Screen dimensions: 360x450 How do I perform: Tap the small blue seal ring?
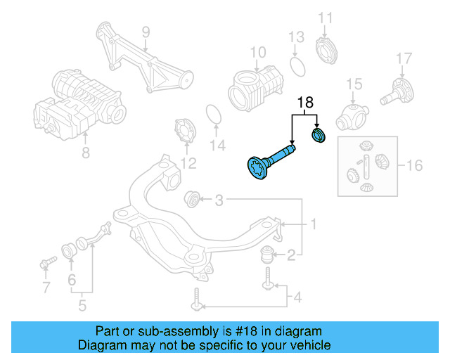pyautogui.click(x=319, y=134)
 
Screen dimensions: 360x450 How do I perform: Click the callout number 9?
pyautogui.click(x=146, y=32)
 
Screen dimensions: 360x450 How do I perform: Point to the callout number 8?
pyautogui.click(x=86, y=151)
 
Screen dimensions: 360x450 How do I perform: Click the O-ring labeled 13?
pyautogui.click(x=297, y=66)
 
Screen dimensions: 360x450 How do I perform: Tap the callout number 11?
pyautogui.click(x=325, y=18)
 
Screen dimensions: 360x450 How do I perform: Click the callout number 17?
pyautogui.click(x=403, y=58)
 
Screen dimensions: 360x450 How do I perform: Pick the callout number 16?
pyautogui.click(x=415, y=166)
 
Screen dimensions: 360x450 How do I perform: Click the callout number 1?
pyautogui.click(x=313, y=224)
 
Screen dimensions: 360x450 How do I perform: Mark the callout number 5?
pyautogui.click(x=82, y=306)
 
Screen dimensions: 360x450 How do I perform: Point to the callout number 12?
pyautogui.click(x=188, y=164)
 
